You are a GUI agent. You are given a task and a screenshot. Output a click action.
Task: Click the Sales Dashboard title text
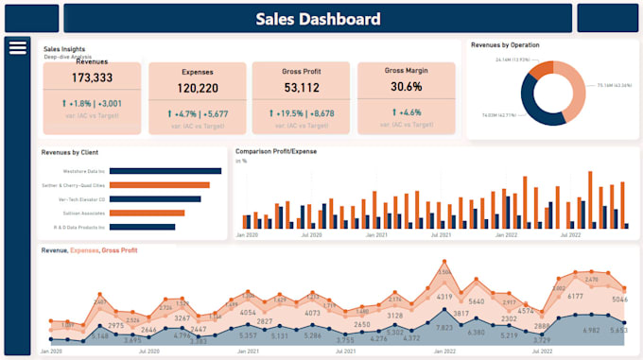(318, 18)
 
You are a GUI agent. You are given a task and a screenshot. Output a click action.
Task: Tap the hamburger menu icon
(17, 48)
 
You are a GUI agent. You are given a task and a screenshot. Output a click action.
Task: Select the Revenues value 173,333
(92, 78)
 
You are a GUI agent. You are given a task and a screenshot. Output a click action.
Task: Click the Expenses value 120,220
(197, 88)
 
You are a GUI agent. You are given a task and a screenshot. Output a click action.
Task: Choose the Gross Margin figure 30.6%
(406, 87)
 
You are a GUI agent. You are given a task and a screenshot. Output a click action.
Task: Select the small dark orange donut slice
(541, 69)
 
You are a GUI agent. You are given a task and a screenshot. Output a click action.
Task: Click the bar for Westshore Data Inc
(169, 171)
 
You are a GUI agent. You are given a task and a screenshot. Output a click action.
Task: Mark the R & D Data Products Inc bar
(142, 227)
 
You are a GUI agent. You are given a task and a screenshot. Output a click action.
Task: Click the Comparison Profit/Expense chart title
(276, 151)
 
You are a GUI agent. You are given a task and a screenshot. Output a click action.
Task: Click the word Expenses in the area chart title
(84, 250)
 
